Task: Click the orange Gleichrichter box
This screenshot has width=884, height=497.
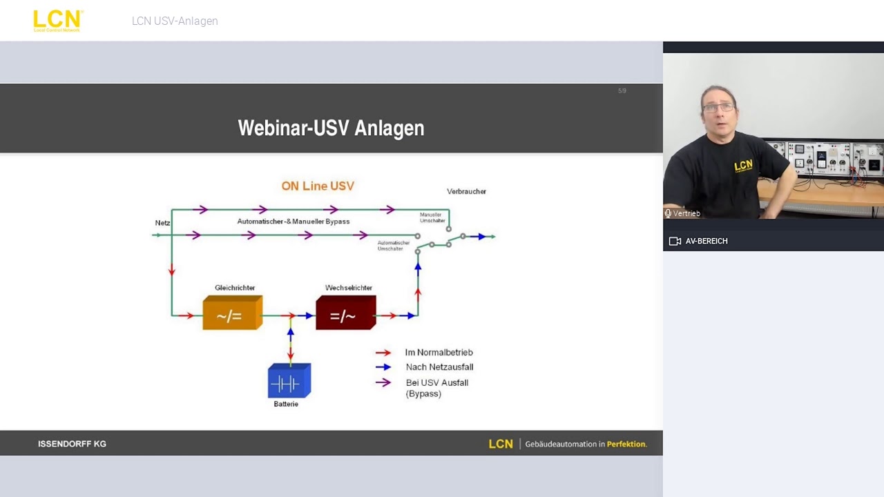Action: coord(232,313)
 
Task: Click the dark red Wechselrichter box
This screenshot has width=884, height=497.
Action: coord(345,313)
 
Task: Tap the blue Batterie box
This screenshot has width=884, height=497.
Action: coord(289,381)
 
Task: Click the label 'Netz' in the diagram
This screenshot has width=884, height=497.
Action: coord(162,223)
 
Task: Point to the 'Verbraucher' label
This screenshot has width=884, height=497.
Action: coord(466,191)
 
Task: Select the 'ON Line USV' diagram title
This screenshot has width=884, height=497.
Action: coord(318,186)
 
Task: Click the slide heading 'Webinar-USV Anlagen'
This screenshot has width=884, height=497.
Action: coord(331,128)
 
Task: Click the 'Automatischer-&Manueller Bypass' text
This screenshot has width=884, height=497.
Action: coord(293,222)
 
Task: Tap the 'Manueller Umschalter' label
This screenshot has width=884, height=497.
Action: coord(432,217)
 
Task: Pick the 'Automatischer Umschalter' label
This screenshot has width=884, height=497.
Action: coord(394,246)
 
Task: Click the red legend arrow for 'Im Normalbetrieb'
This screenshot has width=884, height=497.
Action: coord(383,353)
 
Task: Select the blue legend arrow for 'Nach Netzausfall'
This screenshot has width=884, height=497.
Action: coord(383,367)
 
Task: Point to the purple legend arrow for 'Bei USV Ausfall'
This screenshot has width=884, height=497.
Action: coord(383,382)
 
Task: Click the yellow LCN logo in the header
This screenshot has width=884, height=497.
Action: coord(57,21)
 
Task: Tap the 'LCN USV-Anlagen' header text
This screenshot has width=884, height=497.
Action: coord(175,21)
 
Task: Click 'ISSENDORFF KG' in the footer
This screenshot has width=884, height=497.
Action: coord(72,444)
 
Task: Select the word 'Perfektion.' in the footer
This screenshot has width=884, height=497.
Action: coord(626,444)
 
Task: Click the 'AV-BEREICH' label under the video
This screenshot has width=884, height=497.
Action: coord(706,241)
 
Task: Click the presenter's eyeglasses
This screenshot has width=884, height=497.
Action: coord(719,108)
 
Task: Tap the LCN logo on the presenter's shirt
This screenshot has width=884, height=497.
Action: coord(743,166)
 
